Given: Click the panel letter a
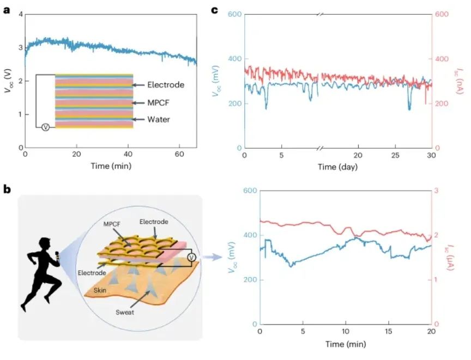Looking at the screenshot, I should [7, 10].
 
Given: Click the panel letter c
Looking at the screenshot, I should [215, 10].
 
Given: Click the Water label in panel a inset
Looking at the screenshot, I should [159, 119].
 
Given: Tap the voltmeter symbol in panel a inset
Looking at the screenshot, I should [46, 127].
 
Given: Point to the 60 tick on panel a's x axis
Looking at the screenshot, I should [180, 154].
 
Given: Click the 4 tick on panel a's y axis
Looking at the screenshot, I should [20, 14].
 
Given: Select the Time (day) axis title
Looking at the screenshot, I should [338, 167].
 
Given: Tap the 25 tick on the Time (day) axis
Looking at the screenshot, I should [395, 156].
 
